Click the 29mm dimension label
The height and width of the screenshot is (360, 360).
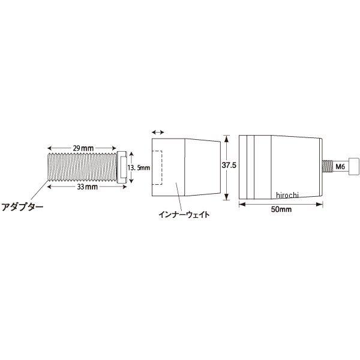pyautogui.click(x=83, y=148)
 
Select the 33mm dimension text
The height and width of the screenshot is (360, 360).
pyautogui.click(x=87, y=187)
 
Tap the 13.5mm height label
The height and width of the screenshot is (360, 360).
pyautogui.click(x=139, y=167)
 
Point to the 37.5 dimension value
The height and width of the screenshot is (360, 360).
pyautogui.click(x=229, y=165)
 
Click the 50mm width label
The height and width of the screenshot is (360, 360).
pyautogui.click(x=281, y=209)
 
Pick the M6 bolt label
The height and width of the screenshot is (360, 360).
pyautogui.click(x=340, y=166)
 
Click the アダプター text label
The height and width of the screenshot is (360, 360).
pyautogui.click(x=22, y=207)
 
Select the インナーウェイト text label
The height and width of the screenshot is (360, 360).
pyautogui.click(x=184, y=215)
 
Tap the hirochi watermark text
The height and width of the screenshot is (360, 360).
pyautogui.click(x=287, y=195)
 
